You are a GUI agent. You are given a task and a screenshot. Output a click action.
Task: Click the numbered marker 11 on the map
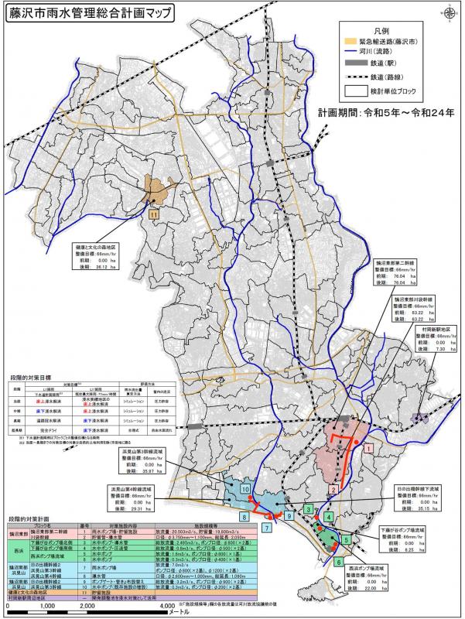(x=154, y=214)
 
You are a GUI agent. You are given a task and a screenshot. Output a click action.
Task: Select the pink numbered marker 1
(x=370, y=448)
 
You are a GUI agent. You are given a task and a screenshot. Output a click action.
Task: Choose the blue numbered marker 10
(x=244, y=489)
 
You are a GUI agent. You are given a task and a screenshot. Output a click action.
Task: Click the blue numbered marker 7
(x=265, y=528)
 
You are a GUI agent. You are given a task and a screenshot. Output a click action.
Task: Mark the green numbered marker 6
(x=339, y=561)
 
